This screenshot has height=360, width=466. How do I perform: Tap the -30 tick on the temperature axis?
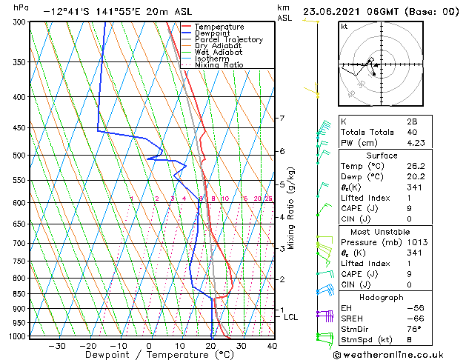[x=57, y=345]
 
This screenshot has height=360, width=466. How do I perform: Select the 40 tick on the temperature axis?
[x=272, y=345]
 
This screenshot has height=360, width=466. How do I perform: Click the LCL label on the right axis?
[x=291, y=317]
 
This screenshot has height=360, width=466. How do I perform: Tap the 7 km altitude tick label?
[x=282, y=119]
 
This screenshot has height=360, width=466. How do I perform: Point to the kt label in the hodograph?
[x=344, y=27]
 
